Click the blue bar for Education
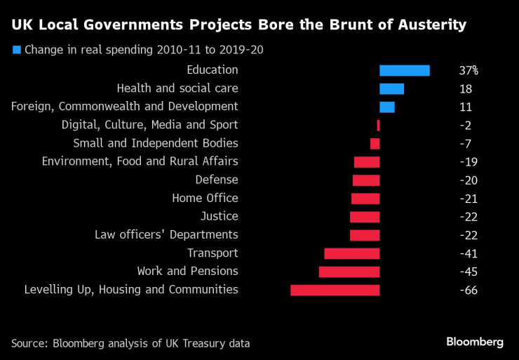[404, 70]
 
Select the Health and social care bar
[391, 88]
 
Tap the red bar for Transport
[351, 253]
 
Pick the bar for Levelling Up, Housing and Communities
[335, 289]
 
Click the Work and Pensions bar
[349, 271]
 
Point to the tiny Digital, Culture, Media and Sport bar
[378, 125]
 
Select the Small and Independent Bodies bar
[375, 143]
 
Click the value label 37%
[469, 71]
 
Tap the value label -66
[468, 290]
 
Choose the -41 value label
[468, 253]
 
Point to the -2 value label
[465, 126]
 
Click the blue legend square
[17, 50]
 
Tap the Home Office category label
[205, 198]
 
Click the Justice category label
[219, 216]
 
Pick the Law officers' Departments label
[166, 234]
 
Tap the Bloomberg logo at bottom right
[475, 342]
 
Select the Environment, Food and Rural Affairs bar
[366, 161]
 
